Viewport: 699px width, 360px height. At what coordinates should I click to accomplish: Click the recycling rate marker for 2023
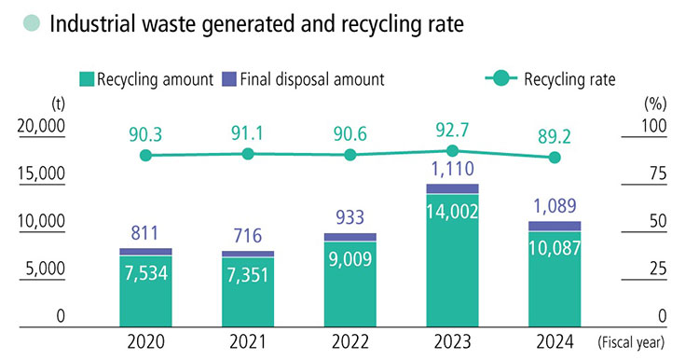tap(453, 151)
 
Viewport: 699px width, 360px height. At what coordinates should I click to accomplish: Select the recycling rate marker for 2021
tap(248, 154)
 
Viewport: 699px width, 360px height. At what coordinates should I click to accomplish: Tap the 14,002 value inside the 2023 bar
tap(453, 212)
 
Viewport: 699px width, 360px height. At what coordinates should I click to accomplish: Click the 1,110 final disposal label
tap(453, 170)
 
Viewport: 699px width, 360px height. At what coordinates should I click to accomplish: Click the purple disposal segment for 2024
tap(555, 225)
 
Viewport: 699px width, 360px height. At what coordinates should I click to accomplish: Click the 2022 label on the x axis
tap(350, 340)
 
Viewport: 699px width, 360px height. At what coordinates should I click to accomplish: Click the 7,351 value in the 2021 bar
tap(248, 273)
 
